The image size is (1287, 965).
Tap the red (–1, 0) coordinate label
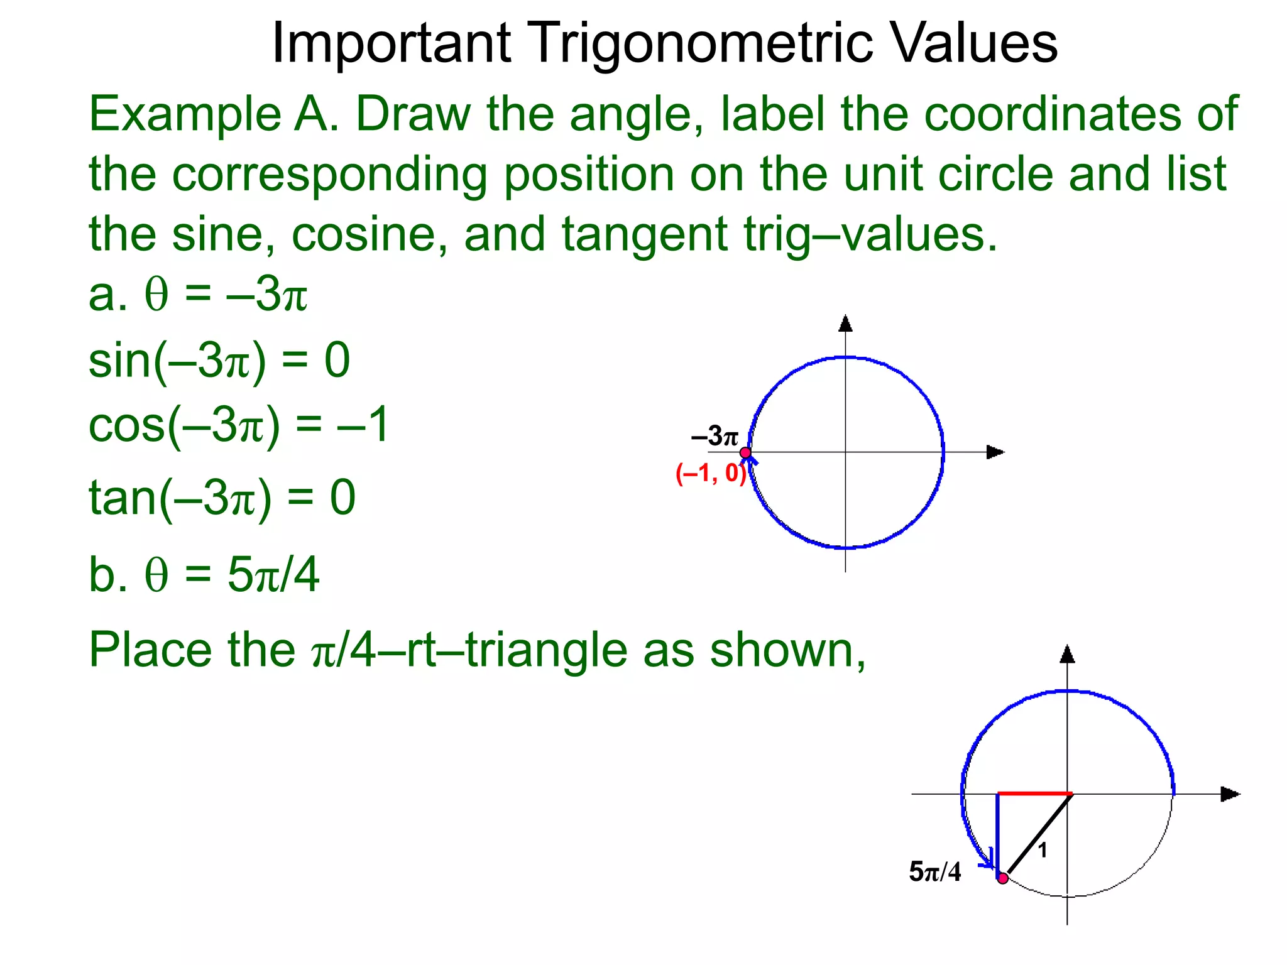coord(711,473)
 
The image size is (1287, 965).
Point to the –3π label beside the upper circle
coord(715,436)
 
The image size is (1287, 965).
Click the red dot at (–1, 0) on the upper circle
coord(745,452)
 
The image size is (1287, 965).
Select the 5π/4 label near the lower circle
coord(934,872)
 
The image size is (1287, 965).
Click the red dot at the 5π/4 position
coord(1003,878)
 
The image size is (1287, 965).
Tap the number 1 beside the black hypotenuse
coord(1043,851)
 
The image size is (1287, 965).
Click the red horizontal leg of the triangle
coord(1034,794)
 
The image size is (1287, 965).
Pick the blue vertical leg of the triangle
coord(997,829)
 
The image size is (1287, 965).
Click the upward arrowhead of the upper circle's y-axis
coord(846,324)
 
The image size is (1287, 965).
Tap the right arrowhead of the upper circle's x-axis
coord(995,452)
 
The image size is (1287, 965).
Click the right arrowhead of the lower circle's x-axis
coord(1229,794)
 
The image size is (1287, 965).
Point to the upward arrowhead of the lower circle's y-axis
coord(1067,655)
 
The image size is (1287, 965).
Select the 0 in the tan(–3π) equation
coord(343,498)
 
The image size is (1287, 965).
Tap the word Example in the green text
coord(185,114)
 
